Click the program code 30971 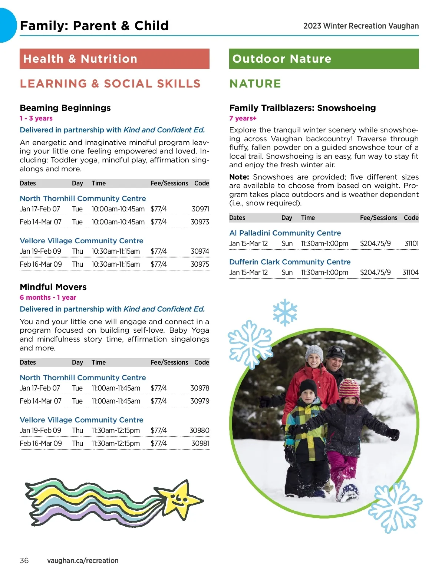pyautogui.click(x=200, y=209)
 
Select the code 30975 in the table pyautogui.click(x=200, y=264)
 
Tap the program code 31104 pyautogui.click(x=410, y=273)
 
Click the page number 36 pyautogui.click(x=24, y=560)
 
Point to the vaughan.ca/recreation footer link pyautogui.click(x=83, y=560)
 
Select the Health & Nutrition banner pyautogui.click(x=114, y=59)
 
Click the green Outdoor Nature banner pyautogui.click(x=324, y=59)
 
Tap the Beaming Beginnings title pyautogui.click(x=65, y=108)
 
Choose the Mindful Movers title pyautogui.click(x=53, y=287)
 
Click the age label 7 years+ pyautogui.click(x=243, y=118)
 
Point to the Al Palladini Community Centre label pyautogui.click(x=285, y=233)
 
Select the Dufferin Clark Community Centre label pyautogui.click(x=290, y=262)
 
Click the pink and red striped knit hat pyautogui.click(x=349, y=388)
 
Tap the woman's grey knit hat pyautogui.click(x=314, y=352)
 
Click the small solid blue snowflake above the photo pyautogui.click(x=285, y=312)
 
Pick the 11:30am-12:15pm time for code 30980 pyautogui.click(x=116, y=431)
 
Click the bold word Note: pyautogui.click(x=239, y=177)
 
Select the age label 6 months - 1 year pyautogui.click(x=48, y=297)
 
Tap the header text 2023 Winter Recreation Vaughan pyautogui.click(x=361, y=26)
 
